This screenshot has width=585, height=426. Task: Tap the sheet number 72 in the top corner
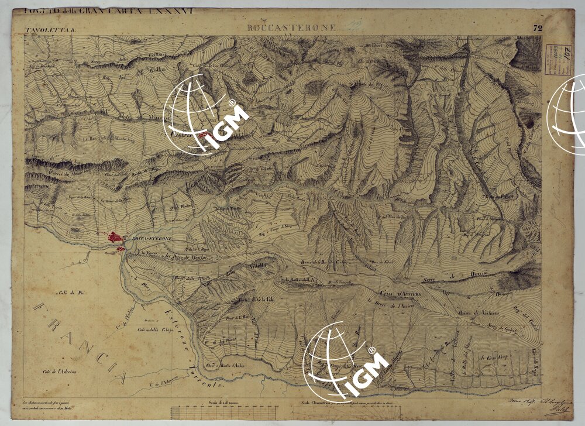(x=538, y=28)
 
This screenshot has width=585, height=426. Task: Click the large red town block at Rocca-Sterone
(x=115, y=238)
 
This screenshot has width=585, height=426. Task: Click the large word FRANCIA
(x=82, y=339)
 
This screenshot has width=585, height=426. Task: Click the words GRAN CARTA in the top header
(x=119, y=11)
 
